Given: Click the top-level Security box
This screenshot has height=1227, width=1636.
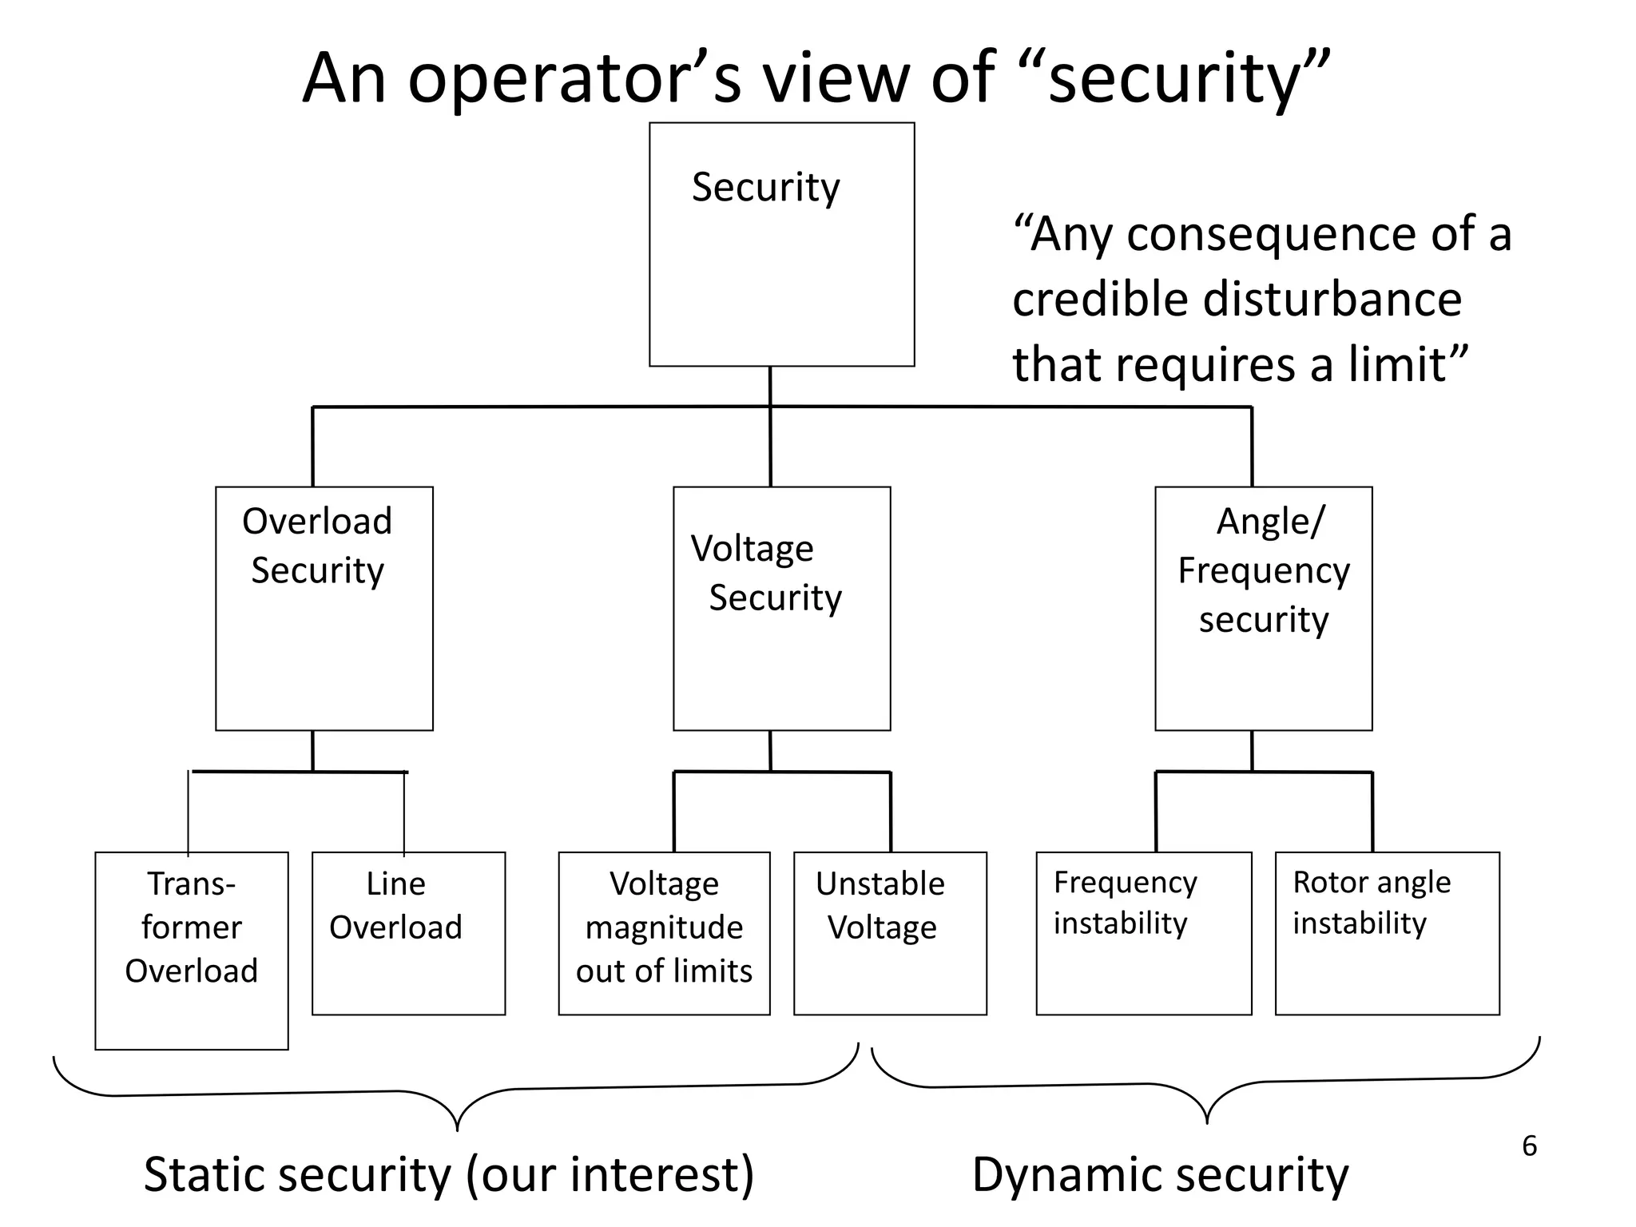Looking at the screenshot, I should pos(781,244).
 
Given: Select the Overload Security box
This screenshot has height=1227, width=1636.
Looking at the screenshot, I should pos(324,609).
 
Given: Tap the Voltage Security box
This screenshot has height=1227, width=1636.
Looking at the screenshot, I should pos(781,609).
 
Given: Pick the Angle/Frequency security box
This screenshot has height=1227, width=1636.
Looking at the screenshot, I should pos(1263,609).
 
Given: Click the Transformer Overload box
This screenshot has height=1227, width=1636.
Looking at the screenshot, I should pos(192,951).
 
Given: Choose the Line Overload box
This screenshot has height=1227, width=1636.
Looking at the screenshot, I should pos(408,933).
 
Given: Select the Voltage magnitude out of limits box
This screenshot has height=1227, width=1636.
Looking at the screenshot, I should pos(664,933).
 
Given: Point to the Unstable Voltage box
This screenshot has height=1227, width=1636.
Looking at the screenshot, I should pos(890,933).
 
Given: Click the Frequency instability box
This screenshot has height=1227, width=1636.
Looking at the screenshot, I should pos(1143,933).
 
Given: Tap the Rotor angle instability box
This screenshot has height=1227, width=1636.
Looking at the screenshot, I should pos(1387,933).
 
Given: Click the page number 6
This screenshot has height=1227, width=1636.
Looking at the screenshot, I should pos(1529,1146).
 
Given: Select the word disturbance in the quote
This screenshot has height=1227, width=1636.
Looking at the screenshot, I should pos(1332,300).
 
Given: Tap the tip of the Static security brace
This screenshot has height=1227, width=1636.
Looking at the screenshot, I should pos(457,1128).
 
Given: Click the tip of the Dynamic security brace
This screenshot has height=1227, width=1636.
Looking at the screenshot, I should pos(1206,1121).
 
